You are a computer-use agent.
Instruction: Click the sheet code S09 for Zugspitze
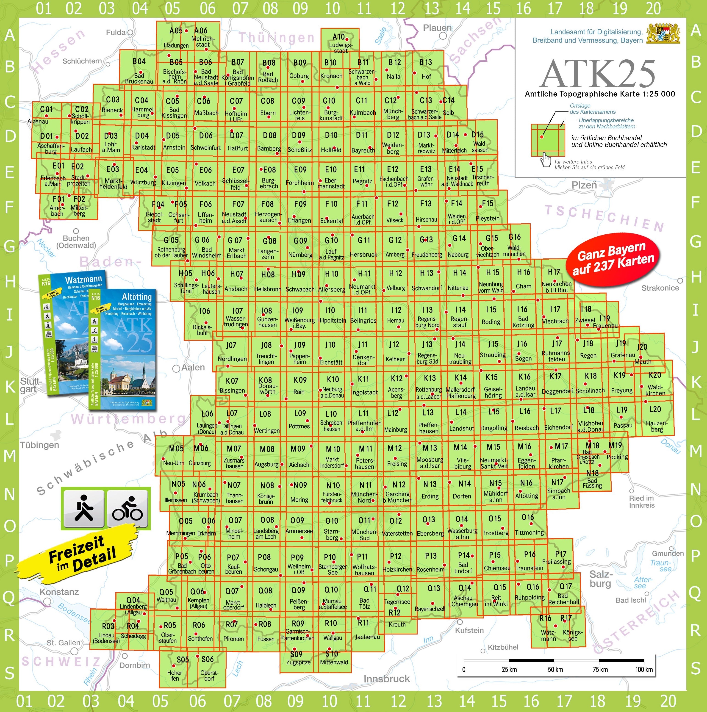(296, 654)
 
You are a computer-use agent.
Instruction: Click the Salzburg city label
(600, 578)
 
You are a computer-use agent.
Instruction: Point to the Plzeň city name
(584, 185)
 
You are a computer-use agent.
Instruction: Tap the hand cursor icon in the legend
(546, 160)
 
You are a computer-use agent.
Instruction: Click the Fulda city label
(116, 32)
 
